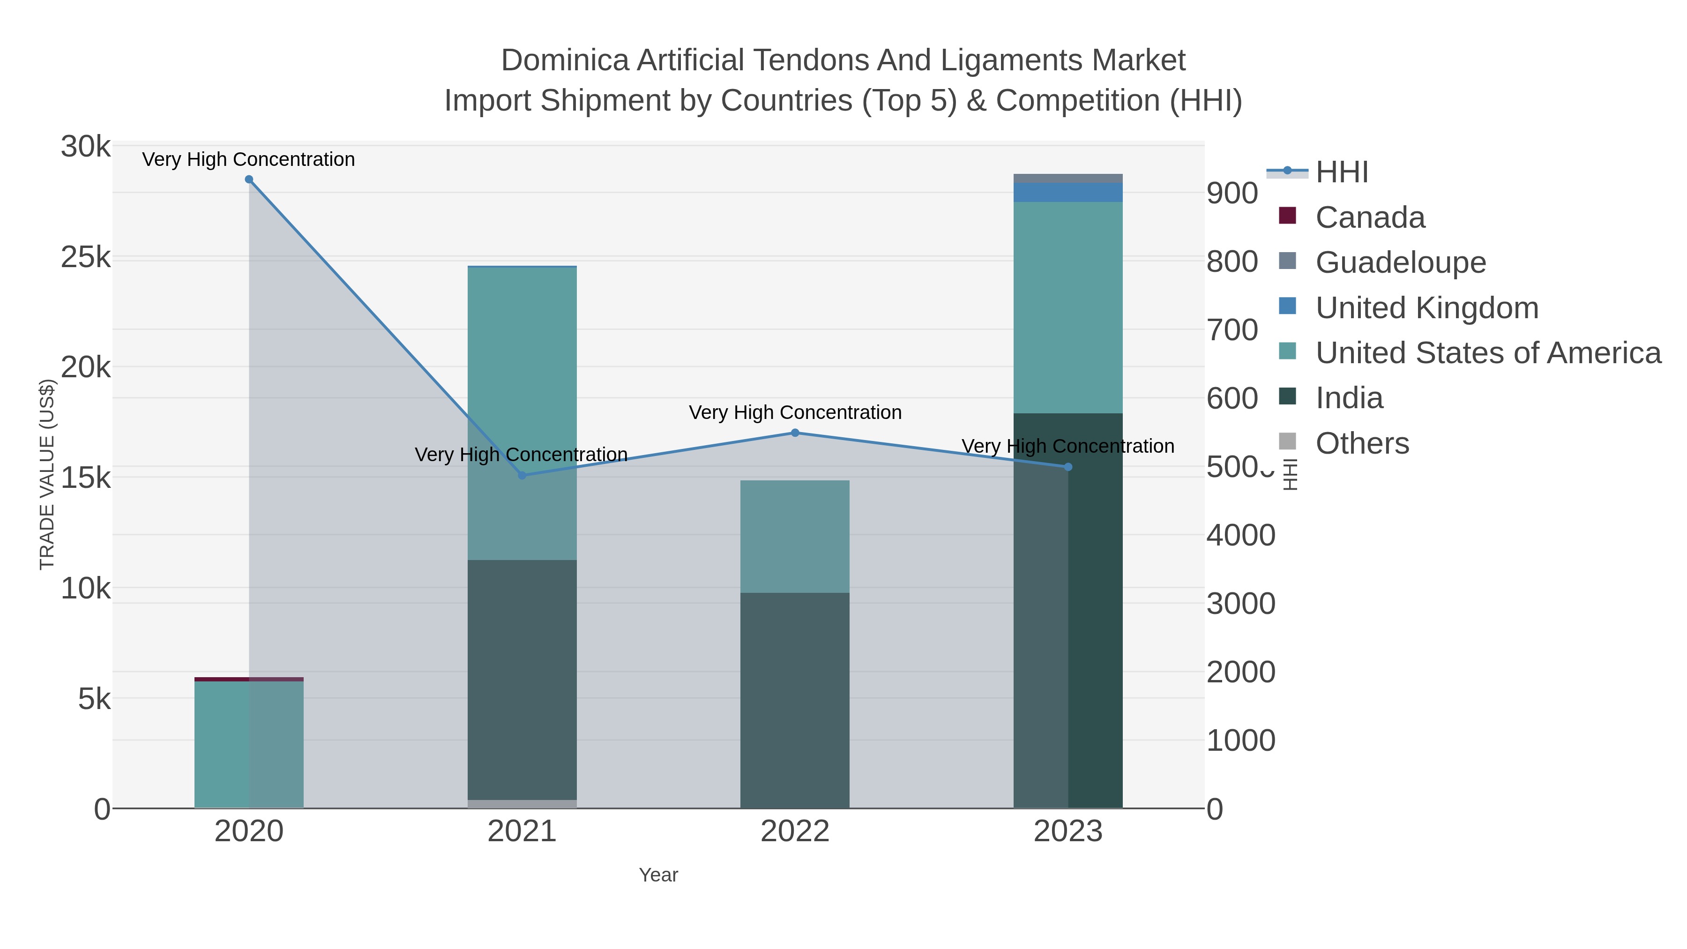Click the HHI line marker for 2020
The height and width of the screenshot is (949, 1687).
(249, 179)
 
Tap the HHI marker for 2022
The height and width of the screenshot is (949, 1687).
(795, 433)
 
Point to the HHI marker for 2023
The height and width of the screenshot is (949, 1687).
(1068, 467)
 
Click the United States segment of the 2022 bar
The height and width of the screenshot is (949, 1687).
(795, 537)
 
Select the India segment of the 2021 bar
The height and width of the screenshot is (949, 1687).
(522, 681)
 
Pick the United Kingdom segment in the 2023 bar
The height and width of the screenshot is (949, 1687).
(1068, 193)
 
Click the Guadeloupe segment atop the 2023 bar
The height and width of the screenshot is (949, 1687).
(1068, 178)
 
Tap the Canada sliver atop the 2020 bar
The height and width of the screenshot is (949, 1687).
(249, 679)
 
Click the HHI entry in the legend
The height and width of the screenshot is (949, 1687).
(1341, 172)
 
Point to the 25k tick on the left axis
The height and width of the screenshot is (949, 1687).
(86, 257)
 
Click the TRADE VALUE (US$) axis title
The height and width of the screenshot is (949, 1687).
(47, 474)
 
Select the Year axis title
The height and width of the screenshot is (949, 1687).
(658, 875)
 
